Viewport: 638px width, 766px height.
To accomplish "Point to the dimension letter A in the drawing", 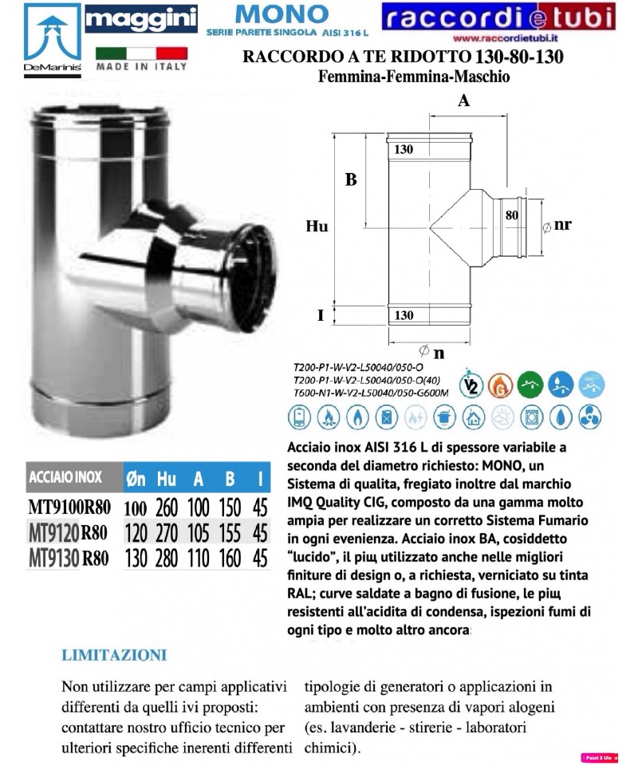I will coord(463,101).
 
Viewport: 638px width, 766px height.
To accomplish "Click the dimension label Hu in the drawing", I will coord(317,227).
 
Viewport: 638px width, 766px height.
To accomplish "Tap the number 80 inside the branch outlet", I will coord(511,214).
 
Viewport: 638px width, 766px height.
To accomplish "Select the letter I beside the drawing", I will coord(320,316).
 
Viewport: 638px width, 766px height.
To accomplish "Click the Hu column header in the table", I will coord(167,479).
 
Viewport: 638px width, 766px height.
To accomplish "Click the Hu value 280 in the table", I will coord(167,558).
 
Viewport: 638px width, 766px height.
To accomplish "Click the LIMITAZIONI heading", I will coord(113,656).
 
